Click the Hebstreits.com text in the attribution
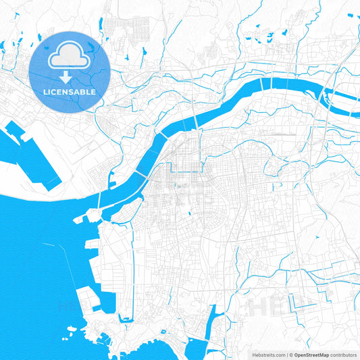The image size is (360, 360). [264, 354]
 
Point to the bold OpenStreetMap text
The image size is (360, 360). [311, 354]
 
